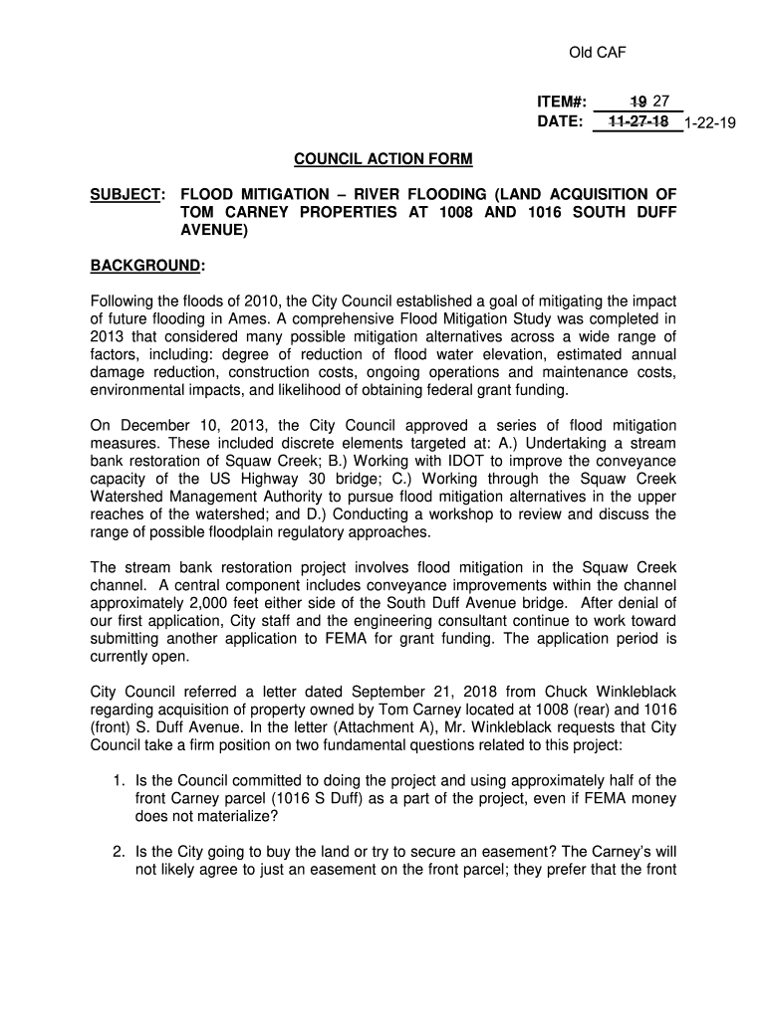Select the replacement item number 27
pyautogui.click(x=661, y=101)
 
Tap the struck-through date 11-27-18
pyautogui.click(x=638, y=121)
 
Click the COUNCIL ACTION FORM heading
pyautogui.click(x=383, y=159)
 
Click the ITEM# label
pyautogui.click(x=561, y=102)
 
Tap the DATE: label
pyautogui.click(x=560, y=121)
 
